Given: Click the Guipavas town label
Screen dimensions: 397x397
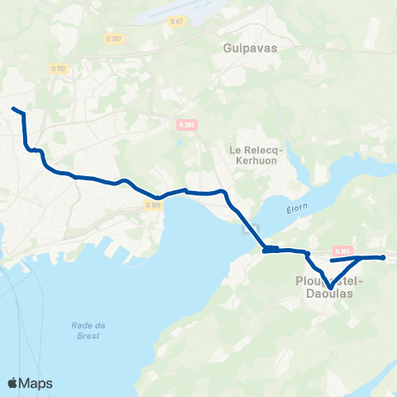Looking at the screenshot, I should (250, 48).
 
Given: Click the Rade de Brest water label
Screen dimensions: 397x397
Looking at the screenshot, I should (87, 330).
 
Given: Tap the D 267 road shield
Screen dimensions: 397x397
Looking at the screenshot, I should (113, 38).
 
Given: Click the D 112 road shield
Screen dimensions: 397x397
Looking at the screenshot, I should (58, 69).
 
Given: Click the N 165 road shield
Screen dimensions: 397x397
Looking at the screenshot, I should (344, 251).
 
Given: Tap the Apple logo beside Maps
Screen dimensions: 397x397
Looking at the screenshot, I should (12, 383).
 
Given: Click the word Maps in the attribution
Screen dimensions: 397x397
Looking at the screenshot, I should (36, 383).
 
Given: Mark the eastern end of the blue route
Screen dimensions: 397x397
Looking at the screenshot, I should (384, 257).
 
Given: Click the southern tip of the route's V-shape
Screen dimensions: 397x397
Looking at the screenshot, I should (329, 288).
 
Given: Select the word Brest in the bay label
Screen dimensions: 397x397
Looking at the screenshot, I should (86, 335).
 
